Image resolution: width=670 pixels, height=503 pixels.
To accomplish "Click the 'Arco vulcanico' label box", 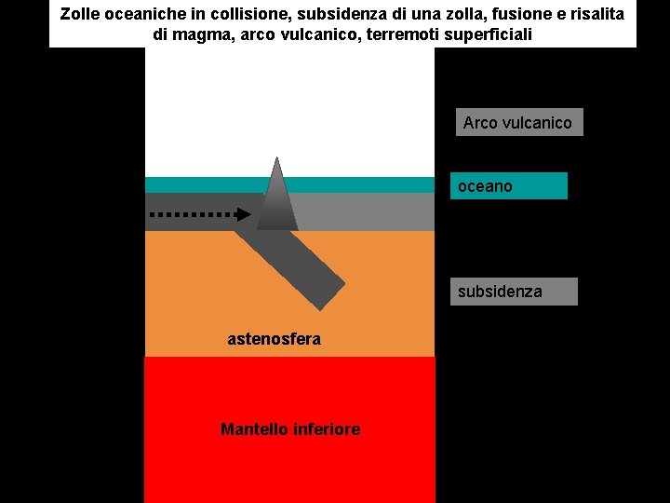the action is (518, 122).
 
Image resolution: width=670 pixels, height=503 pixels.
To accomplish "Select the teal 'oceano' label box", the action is (508, 186).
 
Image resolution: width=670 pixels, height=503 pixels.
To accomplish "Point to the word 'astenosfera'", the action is (274, 339).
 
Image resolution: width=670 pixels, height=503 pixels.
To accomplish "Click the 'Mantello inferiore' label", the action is (289, 429).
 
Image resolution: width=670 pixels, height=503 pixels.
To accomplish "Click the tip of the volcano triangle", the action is (276, 159).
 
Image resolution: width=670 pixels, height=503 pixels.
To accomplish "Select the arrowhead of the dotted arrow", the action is (243, 214).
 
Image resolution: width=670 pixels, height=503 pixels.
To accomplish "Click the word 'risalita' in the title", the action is (593, 15).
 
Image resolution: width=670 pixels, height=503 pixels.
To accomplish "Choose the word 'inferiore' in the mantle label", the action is (328, 429).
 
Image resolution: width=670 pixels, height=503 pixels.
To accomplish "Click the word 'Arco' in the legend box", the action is (480, 122).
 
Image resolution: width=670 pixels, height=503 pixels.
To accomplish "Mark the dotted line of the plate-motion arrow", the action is (191, 214).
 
